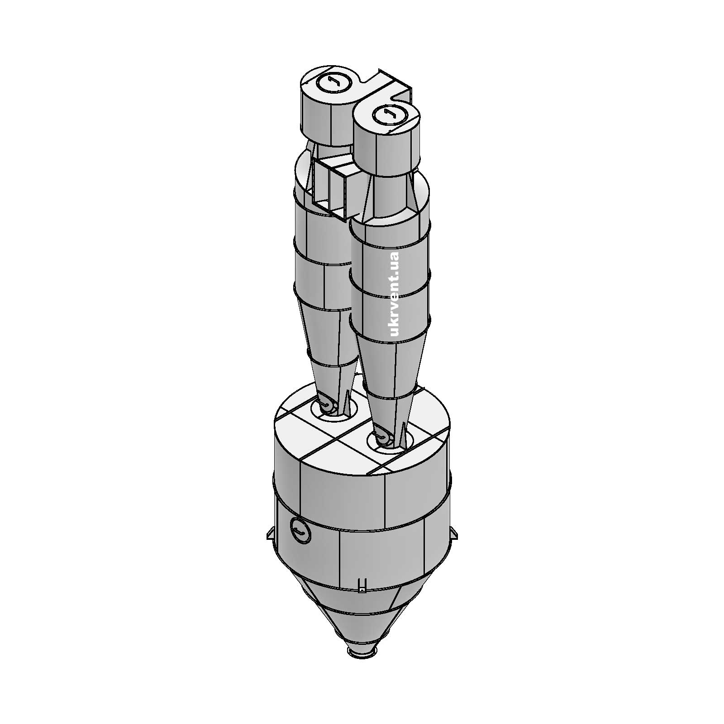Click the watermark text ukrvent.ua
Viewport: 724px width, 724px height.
(393, 295)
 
